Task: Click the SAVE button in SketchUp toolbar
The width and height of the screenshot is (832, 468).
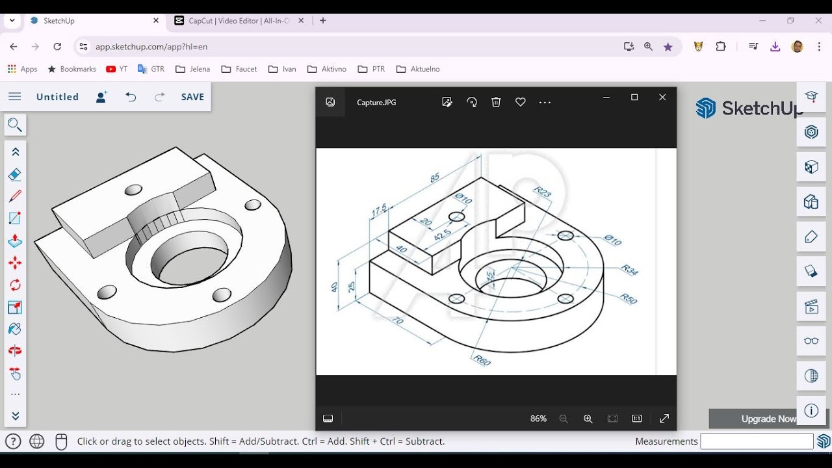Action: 192,97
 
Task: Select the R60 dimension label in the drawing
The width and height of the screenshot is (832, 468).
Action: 482,360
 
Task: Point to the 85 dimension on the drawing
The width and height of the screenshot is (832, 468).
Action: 434,177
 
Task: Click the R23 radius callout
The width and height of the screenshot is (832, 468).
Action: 542,192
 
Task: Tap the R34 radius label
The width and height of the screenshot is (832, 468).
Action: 630,270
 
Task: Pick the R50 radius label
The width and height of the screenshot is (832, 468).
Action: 628,298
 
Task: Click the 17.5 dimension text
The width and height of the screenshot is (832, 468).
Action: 380,210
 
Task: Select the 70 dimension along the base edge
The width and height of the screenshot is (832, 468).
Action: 396,320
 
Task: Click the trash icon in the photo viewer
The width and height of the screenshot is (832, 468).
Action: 496,102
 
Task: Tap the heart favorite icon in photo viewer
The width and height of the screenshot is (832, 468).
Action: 520,102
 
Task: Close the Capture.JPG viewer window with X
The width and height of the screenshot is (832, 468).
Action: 662,97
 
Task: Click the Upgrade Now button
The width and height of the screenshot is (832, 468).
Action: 768,419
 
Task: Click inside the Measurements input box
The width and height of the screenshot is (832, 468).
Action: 756,441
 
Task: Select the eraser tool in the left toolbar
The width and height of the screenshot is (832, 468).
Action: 15,174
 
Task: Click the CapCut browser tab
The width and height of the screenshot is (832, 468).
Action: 238,21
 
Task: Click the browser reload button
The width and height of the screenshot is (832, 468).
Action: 57,47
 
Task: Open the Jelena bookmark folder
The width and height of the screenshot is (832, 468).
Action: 193,69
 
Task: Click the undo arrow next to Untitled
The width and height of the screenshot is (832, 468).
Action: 131,97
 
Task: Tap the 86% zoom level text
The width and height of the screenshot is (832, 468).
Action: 538,419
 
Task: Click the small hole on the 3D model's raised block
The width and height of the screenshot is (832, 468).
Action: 133,190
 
